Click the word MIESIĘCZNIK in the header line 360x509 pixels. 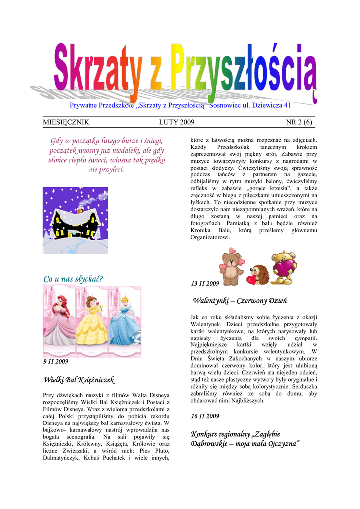(66, 122)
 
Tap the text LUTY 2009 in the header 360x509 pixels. (177, 122)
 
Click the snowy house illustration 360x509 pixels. (75, 220)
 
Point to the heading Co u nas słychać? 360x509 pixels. (73, 279)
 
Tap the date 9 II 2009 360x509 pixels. (56, 361)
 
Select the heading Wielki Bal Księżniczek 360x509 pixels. (79, 380)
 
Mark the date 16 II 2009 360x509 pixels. (205, 416)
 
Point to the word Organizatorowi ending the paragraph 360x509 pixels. (210, 238)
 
